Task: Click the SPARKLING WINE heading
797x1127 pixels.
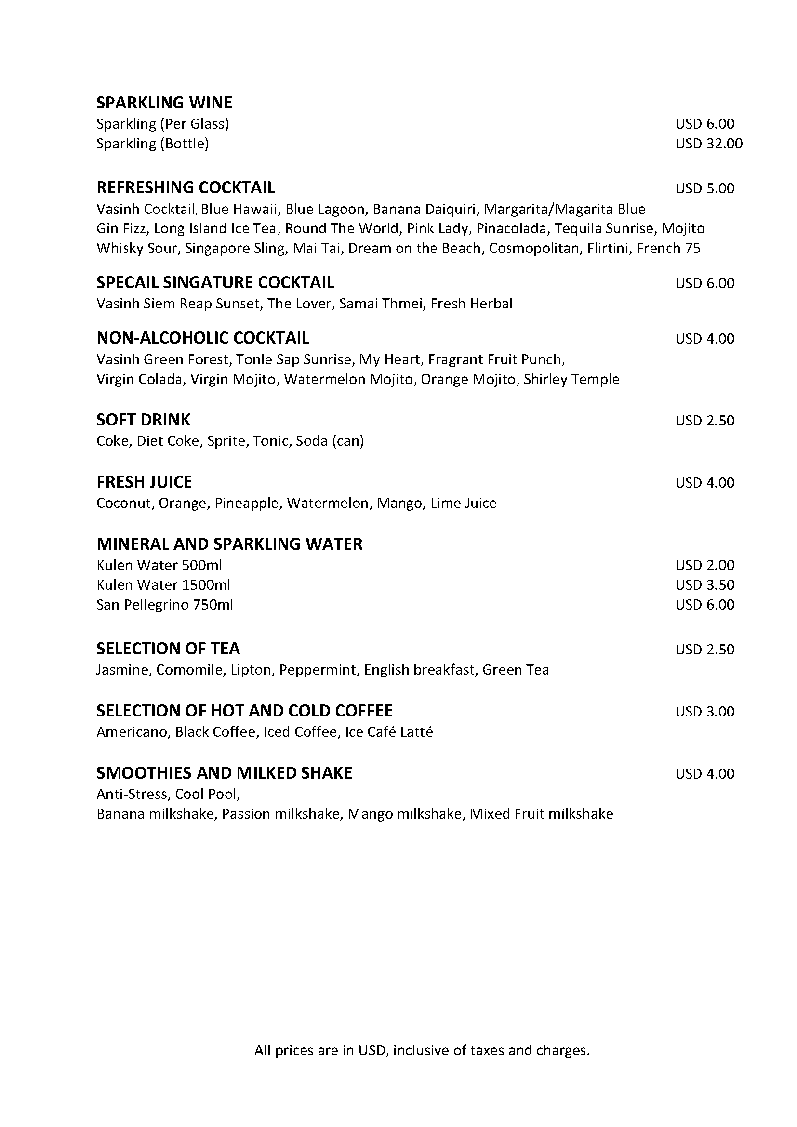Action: (x=164, y=103)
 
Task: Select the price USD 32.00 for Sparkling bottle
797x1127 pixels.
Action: (x=708, y=144)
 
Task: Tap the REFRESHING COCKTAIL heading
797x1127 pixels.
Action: (x=186, y=187)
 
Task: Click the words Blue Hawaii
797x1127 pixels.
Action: (x=239, y=210)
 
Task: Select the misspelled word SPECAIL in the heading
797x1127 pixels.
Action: (x=127, y=283)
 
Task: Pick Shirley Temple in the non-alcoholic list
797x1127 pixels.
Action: (x=571, y=379)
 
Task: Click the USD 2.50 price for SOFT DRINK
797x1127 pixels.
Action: (x=704, y=421)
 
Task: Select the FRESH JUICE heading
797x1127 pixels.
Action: (x=144, y=482)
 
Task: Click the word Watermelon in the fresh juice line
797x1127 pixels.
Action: (x=327, y=503)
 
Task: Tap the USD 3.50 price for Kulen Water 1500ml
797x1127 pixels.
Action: (x=704, y=585)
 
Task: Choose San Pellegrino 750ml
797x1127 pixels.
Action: (x=164, y=605)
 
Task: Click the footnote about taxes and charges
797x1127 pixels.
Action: (x=422, y=1050)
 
